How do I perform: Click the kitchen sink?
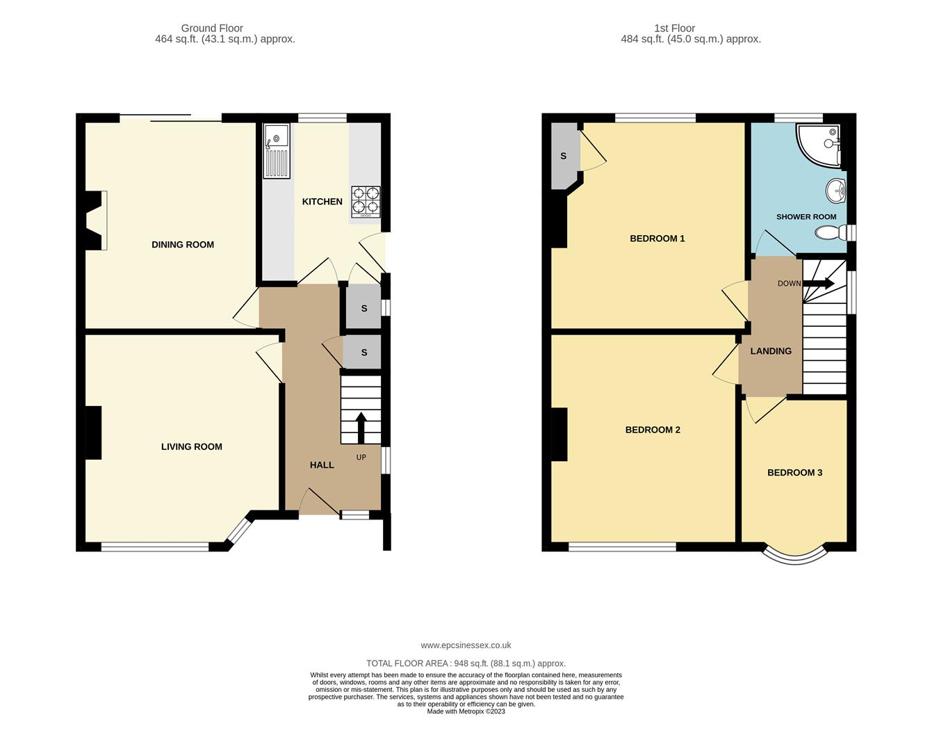pyautogui.click(x=277, y=151)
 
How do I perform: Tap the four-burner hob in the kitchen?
pyautogui.click(x=366, y=202)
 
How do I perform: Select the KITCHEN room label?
pyautogui.click(x=322, y=202)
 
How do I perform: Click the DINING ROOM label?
pyautogui.click(x=183, y=244)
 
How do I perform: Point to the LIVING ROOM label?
pyautogui.click(x=191, y=447)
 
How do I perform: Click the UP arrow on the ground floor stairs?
pyautogui.click(x=361, y=428)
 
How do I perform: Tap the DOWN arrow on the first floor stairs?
pyautogui.click(x=818, y=284)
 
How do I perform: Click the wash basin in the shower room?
pyautogui.click(x=835, y=191)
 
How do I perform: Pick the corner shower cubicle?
pyautogui.click(x=819, y=145)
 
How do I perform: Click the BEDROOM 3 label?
pyautogui.click(x=794, y=473)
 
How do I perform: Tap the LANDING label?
pyautogui.click(x=771, y=351)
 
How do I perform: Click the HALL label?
pyautogui.click(x=322, y=465)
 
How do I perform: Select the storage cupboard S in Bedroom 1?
pyautogui.click(x=564, y=156)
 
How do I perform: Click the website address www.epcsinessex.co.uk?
pyautogui.click(x=466, y=645)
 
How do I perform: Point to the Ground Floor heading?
pyautogui.click(x=212, y=29)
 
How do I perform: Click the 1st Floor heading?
pyautogui.click(x=674, y=29)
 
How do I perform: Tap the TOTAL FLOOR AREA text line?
pyautogui.click(x=466, y=663)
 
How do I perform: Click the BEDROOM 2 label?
pyautogui.click(x=653, y=430)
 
